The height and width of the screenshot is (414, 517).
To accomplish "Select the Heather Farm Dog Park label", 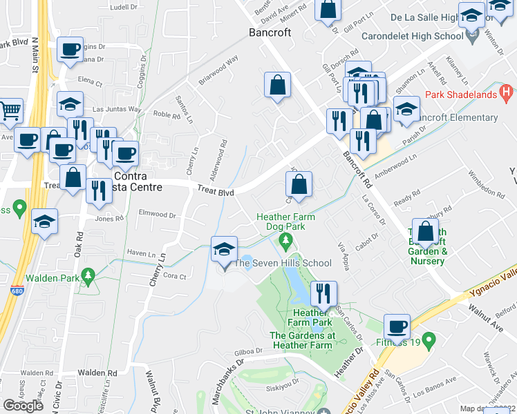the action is tap(285, 221).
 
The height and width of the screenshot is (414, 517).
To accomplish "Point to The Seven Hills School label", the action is tap(282, 263).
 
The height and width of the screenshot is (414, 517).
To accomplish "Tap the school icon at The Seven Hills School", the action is tap(225, 249).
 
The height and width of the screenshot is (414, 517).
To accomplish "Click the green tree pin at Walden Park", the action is tap(88, 277).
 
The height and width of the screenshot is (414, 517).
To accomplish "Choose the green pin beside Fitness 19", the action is tap(429, 339).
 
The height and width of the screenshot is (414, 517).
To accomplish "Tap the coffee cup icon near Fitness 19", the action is tap(397, 327).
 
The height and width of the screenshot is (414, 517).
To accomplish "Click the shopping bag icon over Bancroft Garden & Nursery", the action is tap(426, 232).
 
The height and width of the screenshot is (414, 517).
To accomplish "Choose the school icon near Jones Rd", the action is tap(45, 222).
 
